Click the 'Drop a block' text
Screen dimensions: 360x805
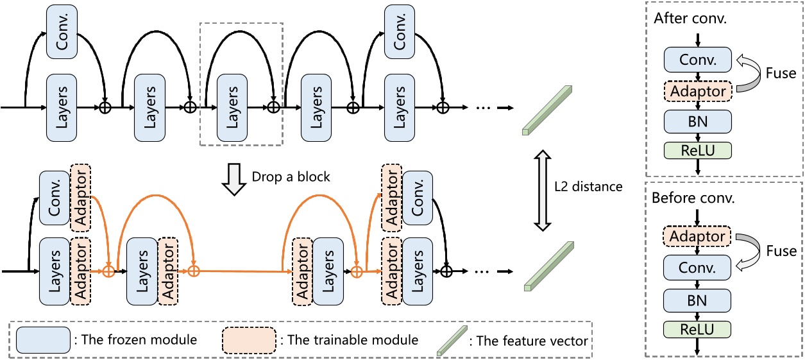coord(291,176)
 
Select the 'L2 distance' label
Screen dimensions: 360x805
coord(588,187)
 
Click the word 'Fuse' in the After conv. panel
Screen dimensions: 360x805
coord(781,74)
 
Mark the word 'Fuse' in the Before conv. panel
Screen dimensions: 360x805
coord(781,251)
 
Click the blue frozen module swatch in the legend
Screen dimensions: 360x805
coord(43,339)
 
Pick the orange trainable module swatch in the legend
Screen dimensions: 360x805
coord(249,339)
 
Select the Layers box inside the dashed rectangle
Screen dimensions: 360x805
coord(232,107)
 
